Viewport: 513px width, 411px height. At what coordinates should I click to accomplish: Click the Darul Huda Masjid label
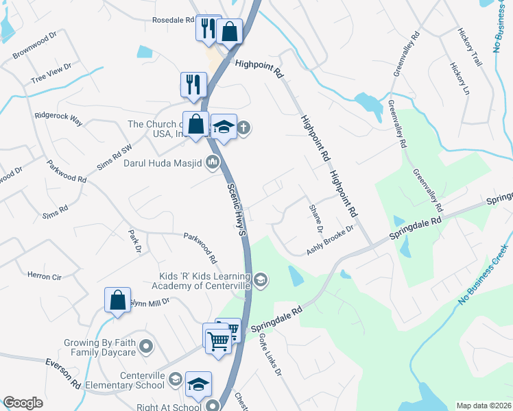pyautogui.click(x=162, y=163)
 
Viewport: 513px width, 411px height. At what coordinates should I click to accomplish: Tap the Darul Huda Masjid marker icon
pyautogui.click(x=213, y=162)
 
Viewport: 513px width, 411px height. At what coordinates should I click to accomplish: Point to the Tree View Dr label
pyautogui.click(x=51, y=77)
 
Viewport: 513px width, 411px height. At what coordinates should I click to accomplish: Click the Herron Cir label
pyautogui.click(x=44, y=277)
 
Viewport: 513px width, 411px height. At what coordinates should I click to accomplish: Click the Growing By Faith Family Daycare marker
pyautogui.click(x=145, y=347)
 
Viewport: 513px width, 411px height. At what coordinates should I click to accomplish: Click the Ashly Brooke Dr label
pyautogui.click(x=330, y=240)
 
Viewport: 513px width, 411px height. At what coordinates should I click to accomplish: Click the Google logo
pyautogui.click(x=23, y=403)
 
